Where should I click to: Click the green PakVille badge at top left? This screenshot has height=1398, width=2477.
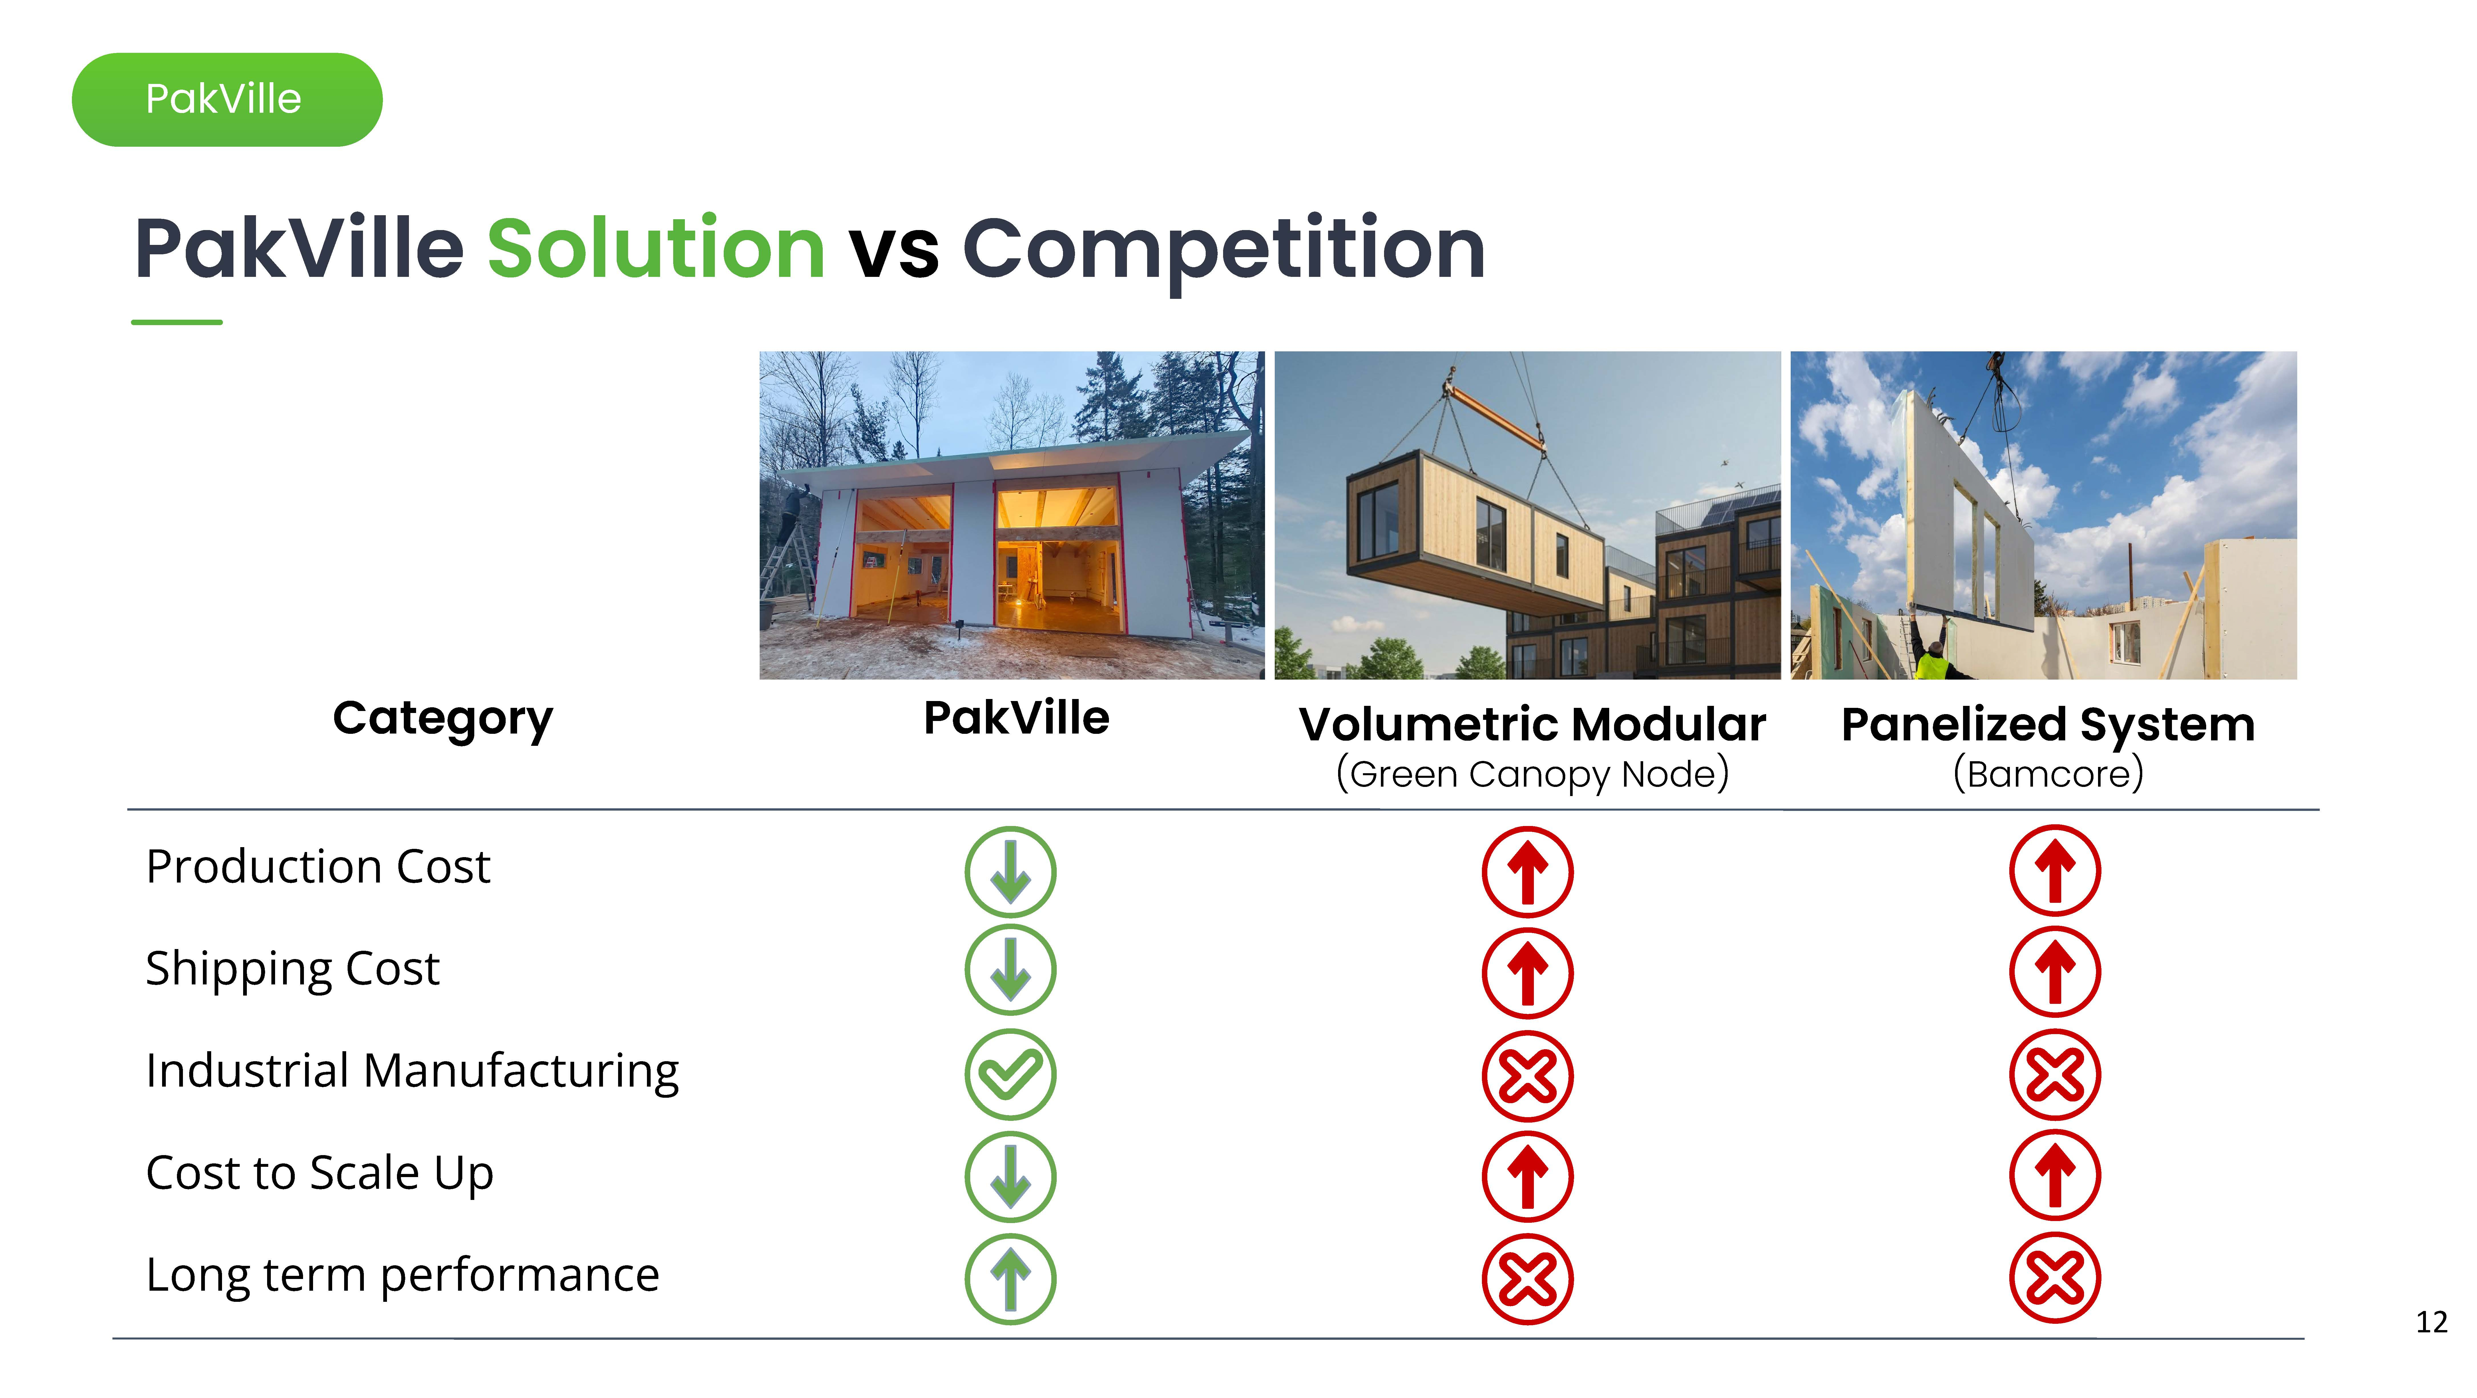tap(227, 99)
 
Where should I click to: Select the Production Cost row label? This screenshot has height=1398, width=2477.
tap(318, 866)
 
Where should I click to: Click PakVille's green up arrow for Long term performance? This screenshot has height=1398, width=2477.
tap(1010, 1279)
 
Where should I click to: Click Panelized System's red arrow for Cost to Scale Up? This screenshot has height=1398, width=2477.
tap(2055, 1176)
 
